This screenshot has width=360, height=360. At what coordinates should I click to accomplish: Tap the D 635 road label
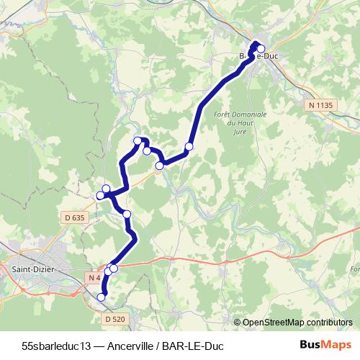[x=74, y=217]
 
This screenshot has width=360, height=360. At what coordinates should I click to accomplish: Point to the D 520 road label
[x=115, y=318]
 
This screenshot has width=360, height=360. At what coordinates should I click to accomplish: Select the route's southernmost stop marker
[x=102, y=297]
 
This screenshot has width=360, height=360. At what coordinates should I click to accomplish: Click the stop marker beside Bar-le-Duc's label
[x=261, y=50]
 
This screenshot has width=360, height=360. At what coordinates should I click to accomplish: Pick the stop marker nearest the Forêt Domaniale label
[x=189, y=147]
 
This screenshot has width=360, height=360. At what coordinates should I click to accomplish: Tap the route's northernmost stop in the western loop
[x=138, y=140]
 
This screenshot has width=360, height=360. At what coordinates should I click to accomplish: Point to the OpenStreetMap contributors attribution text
[x=299, y=322]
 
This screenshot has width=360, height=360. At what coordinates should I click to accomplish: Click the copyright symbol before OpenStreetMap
[x=238, y=322]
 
